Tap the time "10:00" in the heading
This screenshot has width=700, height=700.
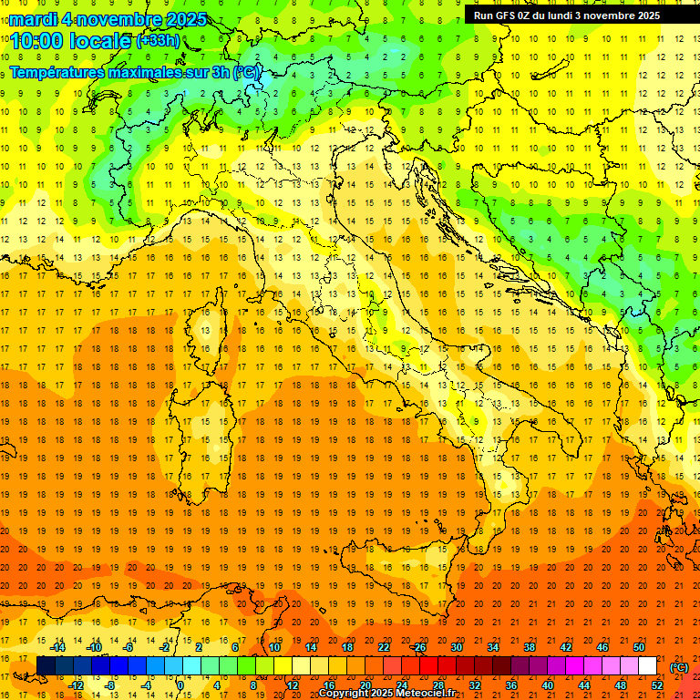pyautogui.click(x=40, y=41)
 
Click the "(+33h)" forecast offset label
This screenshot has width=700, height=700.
pyautogui.click(x=157, y=41)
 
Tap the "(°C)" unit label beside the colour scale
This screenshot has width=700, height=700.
pyautogui.click(x=679, y=667)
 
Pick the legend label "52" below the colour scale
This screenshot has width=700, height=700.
pyautogui.click(x=657, y=685)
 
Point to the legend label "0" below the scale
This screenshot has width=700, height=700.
pyautogui.click(x=180, y=685)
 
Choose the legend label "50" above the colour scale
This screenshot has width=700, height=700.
pyautogui.click(x=639, y=647)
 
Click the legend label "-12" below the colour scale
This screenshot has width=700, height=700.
pyautogui.click(x=76, y=685)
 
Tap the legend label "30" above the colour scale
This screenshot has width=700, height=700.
pyautogui.click(x=456, y=647)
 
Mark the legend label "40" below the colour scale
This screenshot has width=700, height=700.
pyautogui.click(x=547, y=685)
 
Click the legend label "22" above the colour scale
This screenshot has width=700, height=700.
pyautogui.click(x=383, y=647)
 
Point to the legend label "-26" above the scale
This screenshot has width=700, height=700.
pyautogui.click(x=418, y=647)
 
